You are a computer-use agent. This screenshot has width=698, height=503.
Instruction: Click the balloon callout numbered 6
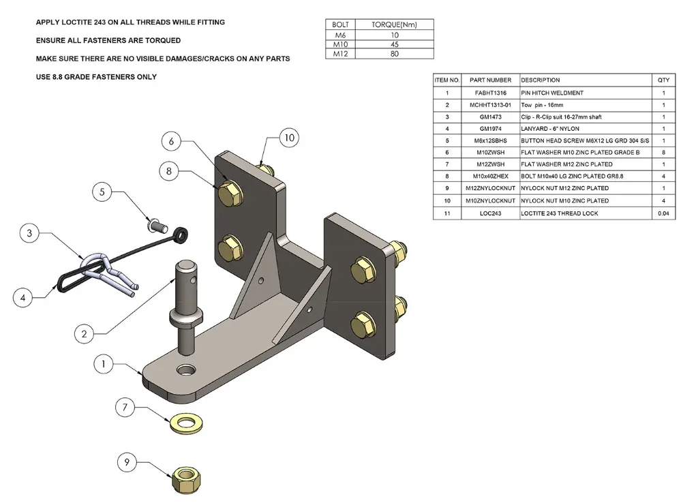[172, 141]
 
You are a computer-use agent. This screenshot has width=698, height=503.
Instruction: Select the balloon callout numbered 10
[289, 138]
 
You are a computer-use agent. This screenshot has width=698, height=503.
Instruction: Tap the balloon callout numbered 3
[29, 234]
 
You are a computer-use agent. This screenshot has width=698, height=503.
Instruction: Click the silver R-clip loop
[95, 262]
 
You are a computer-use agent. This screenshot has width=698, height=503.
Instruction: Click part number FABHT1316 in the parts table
[490, 93]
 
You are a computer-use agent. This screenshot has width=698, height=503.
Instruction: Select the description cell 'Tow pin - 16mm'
[543, 105]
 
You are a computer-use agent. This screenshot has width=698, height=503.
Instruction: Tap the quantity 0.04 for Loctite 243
[663, 213]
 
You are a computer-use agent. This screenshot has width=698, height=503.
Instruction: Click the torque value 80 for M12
[395, 54]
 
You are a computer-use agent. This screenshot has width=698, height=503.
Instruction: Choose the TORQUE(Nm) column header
[395, 25]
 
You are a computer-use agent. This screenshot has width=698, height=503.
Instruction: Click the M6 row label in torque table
[339, 34]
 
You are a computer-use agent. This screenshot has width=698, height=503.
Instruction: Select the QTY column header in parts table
[663, 80]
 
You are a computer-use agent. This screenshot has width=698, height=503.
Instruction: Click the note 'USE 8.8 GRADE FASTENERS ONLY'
[96, 77]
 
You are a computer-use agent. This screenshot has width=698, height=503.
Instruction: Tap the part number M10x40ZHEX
[490, 177]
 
